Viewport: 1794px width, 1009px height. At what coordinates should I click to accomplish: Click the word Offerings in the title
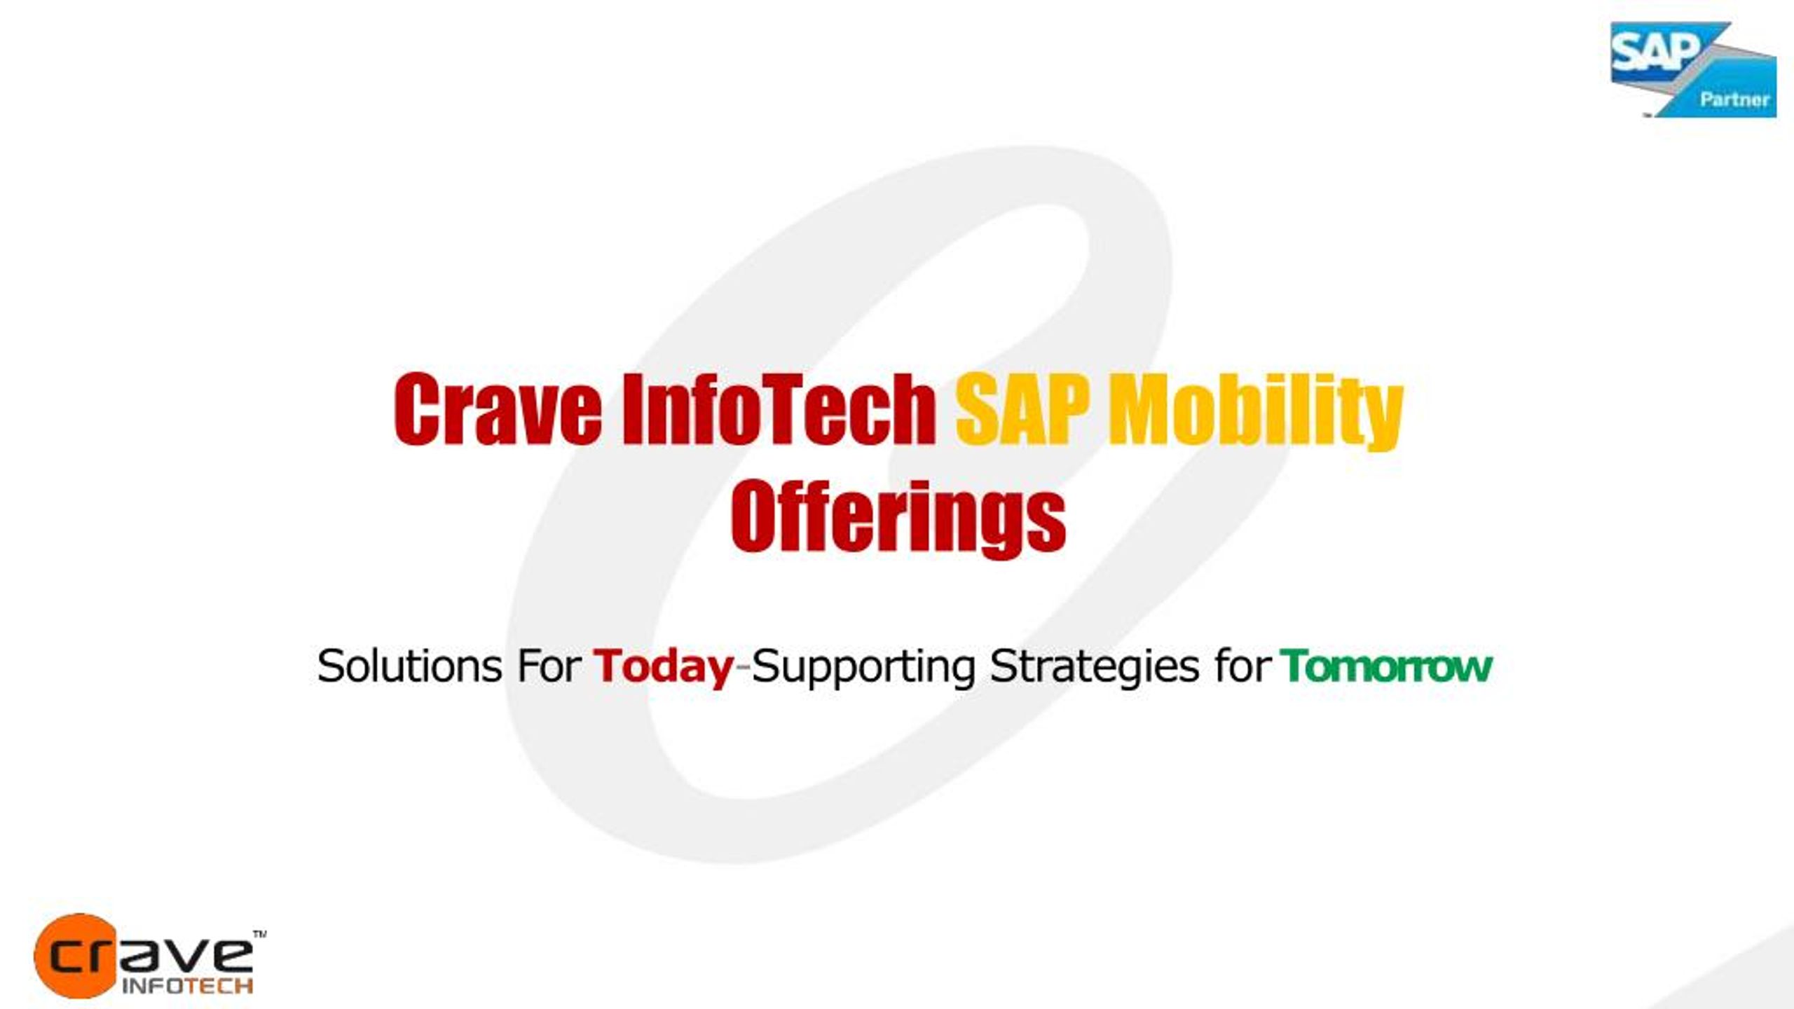click(x=898, y=519)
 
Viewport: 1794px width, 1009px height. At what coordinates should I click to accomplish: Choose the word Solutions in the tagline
click(x=409, y=666)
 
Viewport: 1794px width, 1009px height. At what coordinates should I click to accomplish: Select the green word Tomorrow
click(x=1386, y=666)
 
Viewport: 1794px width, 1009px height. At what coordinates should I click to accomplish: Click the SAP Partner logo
click(x=1693, y=69)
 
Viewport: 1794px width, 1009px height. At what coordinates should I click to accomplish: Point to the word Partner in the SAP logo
click(x=1734, y=99)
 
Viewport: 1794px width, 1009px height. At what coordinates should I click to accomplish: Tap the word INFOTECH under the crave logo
click(x=187, y=986)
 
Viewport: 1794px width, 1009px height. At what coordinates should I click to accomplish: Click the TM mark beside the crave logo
click(x=259, y=934)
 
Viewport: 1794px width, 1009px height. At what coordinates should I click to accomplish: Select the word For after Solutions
click(x=549, y=666)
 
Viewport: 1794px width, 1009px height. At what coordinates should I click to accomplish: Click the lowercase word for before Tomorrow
click(x=1242, y=666)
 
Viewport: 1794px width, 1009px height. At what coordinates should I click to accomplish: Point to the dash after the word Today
click(x=742, y=671)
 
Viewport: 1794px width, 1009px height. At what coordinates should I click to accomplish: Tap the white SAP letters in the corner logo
click(x=1656, y=52)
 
